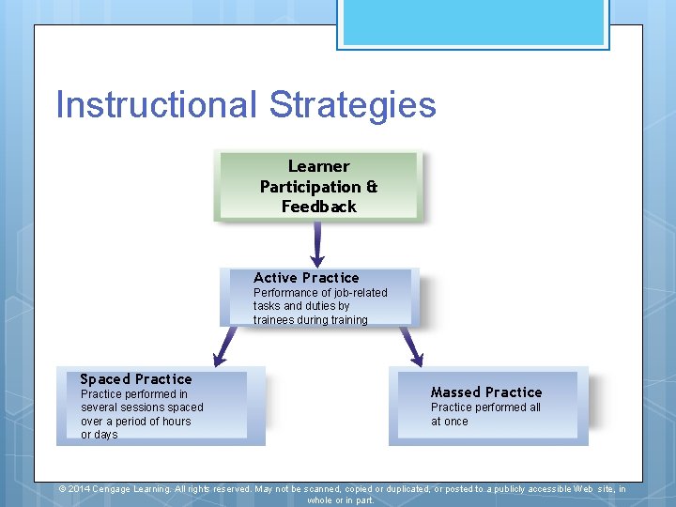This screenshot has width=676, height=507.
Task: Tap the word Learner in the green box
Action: [x=318, y=166]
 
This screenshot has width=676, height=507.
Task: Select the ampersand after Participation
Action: [x=372, y=187]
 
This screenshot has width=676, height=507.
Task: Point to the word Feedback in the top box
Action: [x=318, y=207]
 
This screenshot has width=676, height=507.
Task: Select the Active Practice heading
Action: [x=306, y=278]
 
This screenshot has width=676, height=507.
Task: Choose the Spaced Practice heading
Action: [x=136, y=379]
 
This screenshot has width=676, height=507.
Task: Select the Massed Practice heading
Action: [x=486, y=392]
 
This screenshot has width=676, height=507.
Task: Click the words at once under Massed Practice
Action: [x=450, y=422]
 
